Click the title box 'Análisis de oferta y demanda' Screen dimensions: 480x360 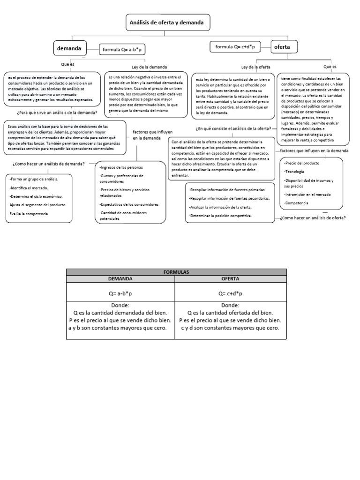(x=167, y=22)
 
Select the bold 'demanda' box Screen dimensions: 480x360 (x=70, y=48)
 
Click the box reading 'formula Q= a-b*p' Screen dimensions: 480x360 (x=122, y=49)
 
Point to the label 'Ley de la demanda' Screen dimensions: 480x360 (x=149, y=67)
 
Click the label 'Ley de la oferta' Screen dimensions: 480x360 (x=255, y=67)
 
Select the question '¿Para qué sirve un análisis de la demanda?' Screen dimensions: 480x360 (x=57, y=112)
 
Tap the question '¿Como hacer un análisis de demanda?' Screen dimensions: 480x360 (x=49, y=164)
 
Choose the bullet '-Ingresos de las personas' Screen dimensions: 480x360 (x=121, y=167)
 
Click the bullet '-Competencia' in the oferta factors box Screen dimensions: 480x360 (x=296, y=203)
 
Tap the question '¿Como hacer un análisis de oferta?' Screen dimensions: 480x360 (x=313, y=218)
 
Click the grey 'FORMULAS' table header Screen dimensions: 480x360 (x=176, y=272)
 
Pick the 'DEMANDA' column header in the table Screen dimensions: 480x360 (x=120, y=278)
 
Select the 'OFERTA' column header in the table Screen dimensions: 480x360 (x=230, y=278)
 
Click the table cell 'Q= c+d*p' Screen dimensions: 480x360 (x=230, y=293)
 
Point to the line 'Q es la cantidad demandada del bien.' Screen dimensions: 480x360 (x=120, y=313)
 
